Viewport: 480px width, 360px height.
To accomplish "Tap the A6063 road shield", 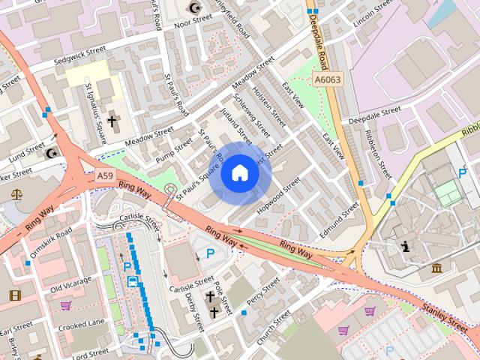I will [x=327, y=79].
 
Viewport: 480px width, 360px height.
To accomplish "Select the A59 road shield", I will [x=106, y=176].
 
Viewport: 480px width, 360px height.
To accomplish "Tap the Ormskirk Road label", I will [x=51, y=242].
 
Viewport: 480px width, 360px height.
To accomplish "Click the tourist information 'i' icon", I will [x=406, y=246].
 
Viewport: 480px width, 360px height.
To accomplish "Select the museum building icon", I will [x=436, y=268].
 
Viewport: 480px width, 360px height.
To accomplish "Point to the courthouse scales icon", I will [x=16, y=194].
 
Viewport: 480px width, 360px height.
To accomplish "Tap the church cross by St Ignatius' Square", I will [x=112, y=120].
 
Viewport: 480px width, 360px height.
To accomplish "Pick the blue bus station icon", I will [x=132, y=282].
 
